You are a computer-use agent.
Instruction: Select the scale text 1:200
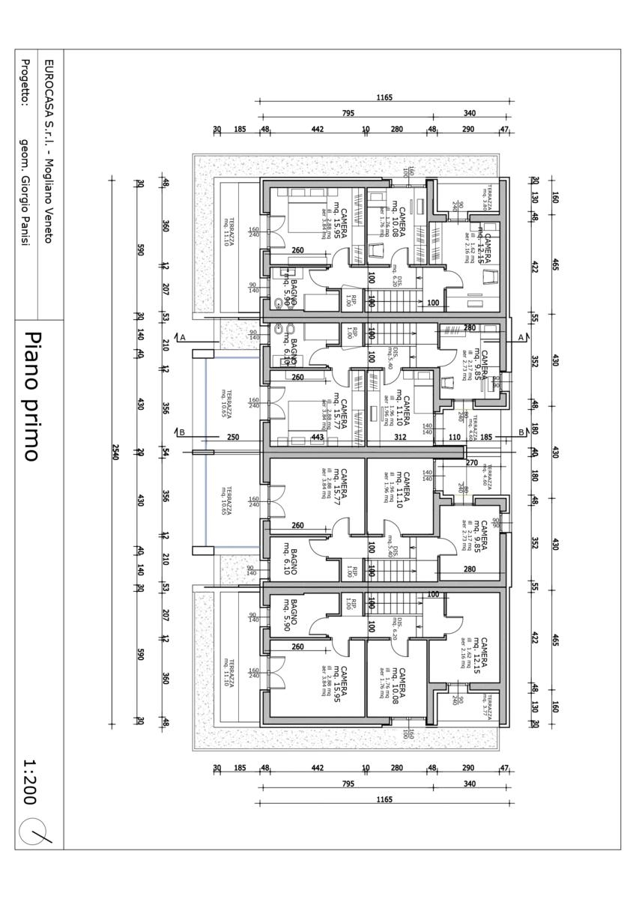[31, 782]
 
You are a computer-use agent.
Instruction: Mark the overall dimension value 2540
[115, 452]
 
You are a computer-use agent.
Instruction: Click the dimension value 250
[232, 437]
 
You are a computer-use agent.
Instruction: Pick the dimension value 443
[318, 437]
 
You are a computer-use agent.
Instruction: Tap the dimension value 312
[400, 437]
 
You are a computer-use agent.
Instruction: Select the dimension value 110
[454, 437]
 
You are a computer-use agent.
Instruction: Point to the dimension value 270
[472, 462]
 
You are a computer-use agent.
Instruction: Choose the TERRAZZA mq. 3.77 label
[487, 702]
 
